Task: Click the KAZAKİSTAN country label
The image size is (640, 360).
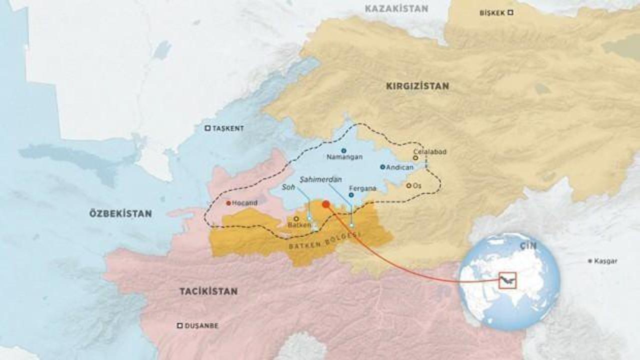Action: pos(396,8)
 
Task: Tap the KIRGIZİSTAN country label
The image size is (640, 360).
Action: pos(417,86)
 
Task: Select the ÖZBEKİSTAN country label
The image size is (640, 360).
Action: pos(120,213)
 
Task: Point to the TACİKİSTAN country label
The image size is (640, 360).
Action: pos(208,291)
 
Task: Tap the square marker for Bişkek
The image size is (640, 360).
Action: pos(510,12)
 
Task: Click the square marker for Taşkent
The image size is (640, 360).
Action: pos(207,128)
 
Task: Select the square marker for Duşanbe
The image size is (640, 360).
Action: pos(179,325)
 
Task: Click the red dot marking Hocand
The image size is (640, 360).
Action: pos(228,203)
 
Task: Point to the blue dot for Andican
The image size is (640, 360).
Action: pos(382,167)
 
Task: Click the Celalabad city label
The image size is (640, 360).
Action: pos(429,151)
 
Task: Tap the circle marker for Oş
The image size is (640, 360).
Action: pos(408,185)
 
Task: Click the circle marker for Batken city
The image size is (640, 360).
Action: pos(296,218)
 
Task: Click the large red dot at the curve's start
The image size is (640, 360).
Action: pos(325,204)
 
